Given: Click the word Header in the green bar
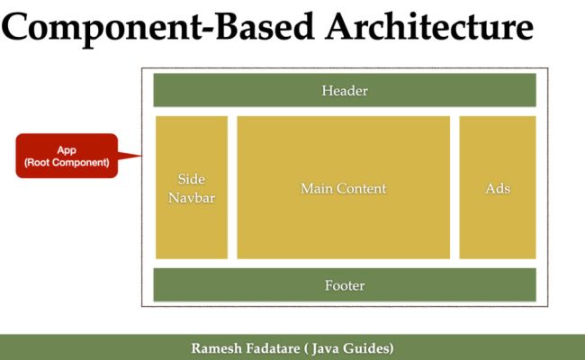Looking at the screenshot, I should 345,91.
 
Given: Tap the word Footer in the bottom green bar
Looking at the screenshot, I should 345,285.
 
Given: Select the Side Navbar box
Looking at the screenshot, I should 192,187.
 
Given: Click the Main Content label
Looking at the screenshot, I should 343,188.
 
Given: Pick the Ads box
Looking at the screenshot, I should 498,187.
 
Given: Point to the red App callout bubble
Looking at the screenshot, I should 67,156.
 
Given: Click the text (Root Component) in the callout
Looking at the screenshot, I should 67,163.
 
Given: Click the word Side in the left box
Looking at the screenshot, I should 192,178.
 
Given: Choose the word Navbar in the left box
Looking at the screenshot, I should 192,197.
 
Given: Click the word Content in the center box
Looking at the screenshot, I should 360,188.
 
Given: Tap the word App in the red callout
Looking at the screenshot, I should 67,149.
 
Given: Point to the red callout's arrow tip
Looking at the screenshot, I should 142,156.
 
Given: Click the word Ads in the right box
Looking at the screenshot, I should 498,188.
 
